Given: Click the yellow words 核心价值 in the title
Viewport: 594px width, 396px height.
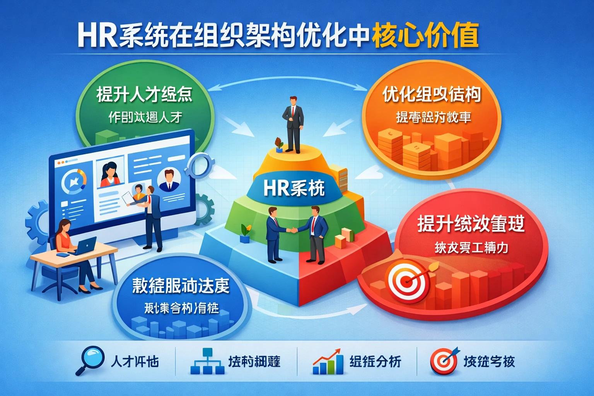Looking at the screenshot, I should [x=425, y=36].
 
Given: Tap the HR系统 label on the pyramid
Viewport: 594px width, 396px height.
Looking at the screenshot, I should [x=294, y=188].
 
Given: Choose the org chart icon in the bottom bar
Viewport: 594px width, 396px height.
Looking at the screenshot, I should [x=208, y=361].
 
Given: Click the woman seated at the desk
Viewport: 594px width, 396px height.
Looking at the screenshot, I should [x=72, y=251].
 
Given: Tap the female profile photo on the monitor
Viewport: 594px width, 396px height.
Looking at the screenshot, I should [x=110, y=175].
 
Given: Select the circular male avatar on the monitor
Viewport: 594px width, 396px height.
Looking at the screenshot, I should [x=169, y=180].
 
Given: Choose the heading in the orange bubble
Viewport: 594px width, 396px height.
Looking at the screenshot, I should [x=432, y=94].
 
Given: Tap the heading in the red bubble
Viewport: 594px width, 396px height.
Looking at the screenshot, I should [x=471, y=224].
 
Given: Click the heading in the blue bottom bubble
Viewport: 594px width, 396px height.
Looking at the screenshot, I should [x=181, y=286].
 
